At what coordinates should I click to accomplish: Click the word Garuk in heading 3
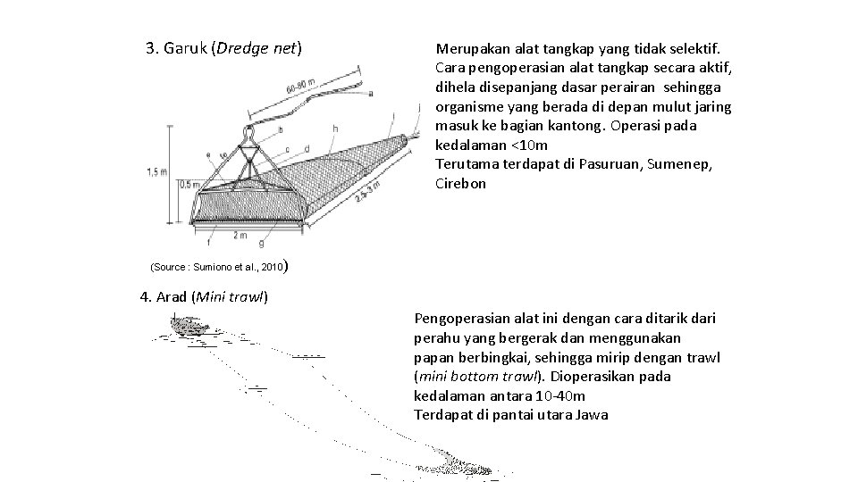(x=186, y=48)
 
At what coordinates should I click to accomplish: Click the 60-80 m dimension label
(x=300, y=86)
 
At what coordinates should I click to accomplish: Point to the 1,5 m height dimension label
(x=156, y=172)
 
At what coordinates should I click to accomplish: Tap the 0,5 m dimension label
(x=189, y=185)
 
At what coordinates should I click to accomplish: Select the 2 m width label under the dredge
(x=240, y=235)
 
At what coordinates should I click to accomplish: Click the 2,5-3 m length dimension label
(x=367, y=192)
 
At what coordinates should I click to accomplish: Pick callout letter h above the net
(x=335, y=129)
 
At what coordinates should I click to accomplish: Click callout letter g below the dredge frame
(x=261, y=242)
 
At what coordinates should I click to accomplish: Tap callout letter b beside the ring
(x=281, y=130)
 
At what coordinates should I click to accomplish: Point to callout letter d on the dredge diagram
(x=307, y=149)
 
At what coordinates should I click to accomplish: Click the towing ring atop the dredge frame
(x=249, y=131)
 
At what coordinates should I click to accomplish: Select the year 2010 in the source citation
(x=272, y=267)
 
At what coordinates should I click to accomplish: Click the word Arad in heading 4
(x=172, y=296)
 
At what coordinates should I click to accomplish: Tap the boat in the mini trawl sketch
(x=189, y=323)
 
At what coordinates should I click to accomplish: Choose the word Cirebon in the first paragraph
(x=461, y=184)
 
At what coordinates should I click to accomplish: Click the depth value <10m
(x=529, y=145)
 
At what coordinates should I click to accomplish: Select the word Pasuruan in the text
(x=609, y=164)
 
